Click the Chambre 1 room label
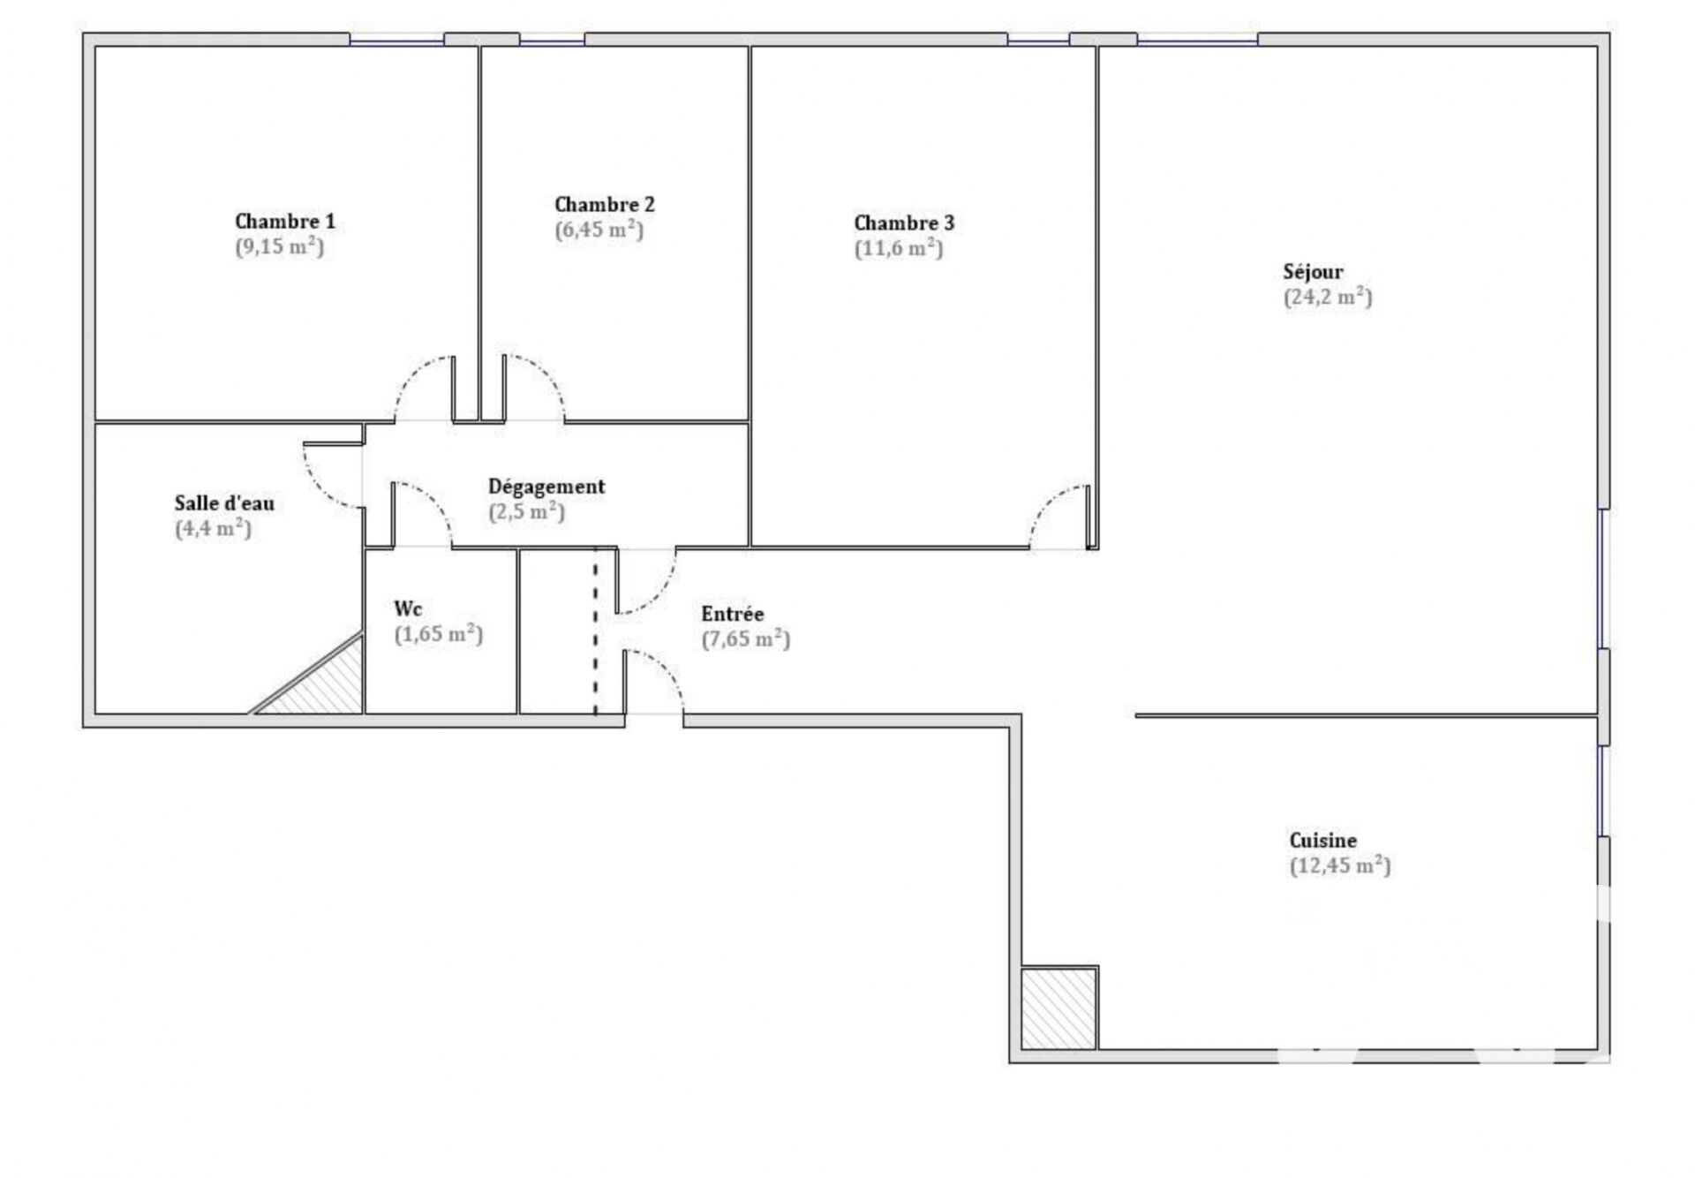tap(284, 221)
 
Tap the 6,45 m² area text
tap(599, 230)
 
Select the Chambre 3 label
tap(904, 223)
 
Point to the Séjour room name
tap(1313, 271)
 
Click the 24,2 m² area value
tap(1328, 297)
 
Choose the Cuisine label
tap(1322, 840)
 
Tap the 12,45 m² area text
tap(1340, 865)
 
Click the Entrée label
tap(732, 613)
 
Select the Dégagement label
tap(546, 487)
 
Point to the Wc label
tap(408, 608)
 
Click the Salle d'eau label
tap(224, 503)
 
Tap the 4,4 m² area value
tap(213, 529)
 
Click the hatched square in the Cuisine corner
tap(1059, 1008)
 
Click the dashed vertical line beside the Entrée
tap(595, 631)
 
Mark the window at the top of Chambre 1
tap(396, 39)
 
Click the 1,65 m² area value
tap(438, 634)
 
